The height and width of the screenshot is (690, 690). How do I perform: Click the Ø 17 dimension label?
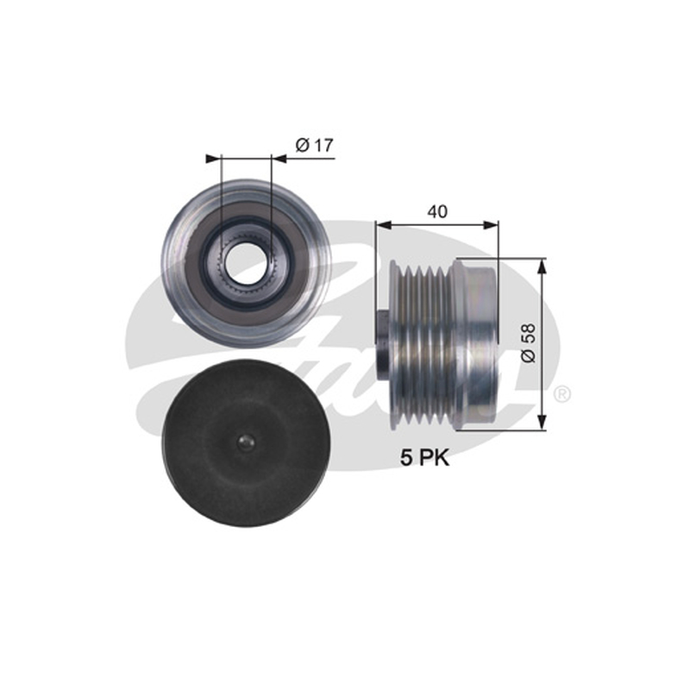tap(315, 145)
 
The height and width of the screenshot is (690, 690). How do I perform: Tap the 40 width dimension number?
tap(437, 211)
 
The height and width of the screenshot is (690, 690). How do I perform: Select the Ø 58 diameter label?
tap(529, 342)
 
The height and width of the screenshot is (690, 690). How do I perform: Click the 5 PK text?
tap(424, 458)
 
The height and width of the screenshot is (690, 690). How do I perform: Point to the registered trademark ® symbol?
tap(561, 394)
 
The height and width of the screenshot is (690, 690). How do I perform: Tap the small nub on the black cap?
tap(245, 442)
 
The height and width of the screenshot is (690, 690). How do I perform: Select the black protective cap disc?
tap(244, 443)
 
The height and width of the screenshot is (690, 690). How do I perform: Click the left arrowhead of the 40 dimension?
tap(384, 225)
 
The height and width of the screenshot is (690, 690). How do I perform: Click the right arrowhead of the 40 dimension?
tap(491, 225)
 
